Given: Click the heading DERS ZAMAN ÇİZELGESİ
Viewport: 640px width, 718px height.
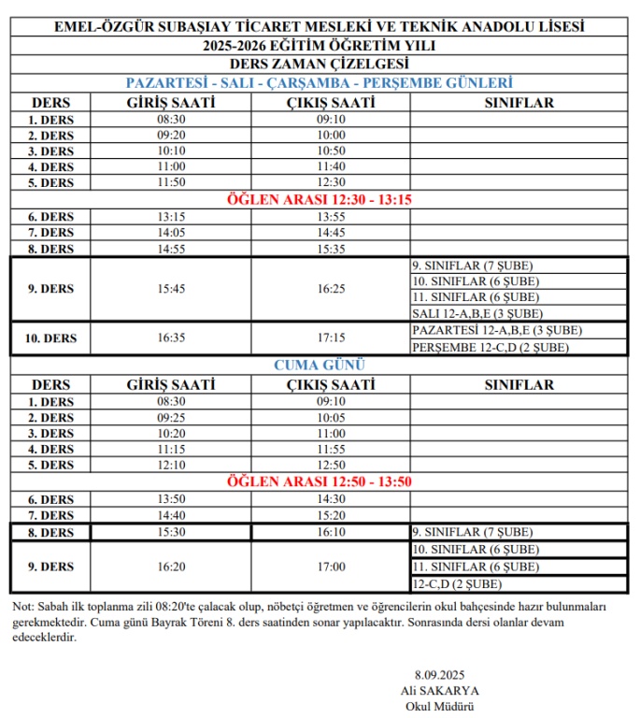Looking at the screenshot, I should [x=320, y=64].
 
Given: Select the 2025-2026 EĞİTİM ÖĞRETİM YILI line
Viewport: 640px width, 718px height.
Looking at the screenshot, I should [x=320, y=45].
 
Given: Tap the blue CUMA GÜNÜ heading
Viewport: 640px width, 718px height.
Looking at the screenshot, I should [x=320, y=365].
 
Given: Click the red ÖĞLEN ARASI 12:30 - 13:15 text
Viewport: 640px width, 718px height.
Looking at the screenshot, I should [x=320, y=199].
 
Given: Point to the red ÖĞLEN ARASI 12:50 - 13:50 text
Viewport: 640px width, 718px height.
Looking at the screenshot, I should [x=320, y=481].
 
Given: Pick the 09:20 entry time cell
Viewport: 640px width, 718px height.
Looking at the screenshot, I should [x=171, y=135].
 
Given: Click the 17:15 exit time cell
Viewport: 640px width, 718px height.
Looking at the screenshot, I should [x=331, y=337].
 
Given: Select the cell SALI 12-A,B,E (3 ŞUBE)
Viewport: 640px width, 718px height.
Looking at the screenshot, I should [x=477, y=313].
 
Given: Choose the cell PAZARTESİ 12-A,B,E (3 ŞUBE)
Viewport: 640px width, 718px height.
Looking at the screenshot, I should [x=496, y=330].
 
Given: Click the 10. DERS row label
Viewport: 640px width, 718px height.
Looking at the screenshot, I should [x=52, y=337].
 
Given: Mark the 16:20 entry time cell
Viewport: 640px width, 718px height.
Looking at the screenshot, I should [x=171, y=567].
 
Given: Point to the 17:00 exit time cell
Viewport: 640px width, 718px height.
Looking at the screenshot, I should [x=331, y=567].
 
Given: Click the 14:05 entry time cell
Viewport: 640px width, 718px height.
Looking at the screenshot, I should [x=171, y=232].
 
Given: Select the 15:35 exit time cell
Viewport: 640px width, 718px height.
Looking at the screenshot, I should [x=331, y=249].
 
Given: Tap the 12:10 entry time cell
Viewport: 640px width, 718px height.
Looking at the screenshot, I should [x=171, y=465].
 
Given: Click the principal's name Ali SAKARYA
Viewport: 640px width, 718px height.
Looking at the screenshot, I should [x=431, y=690].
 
